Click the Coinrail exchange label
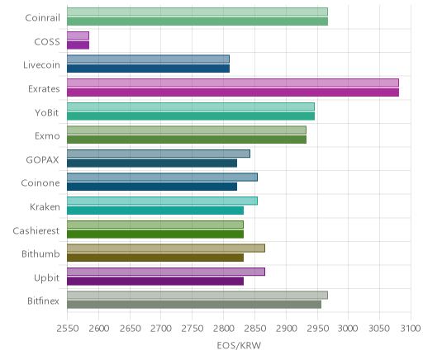pos(42,18)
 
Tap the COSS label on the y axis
pos(47,42)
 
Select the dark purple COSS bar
pos(78,45)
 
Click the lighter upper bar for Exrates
pos(233,83)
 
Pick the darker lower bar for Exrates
pos(233,92)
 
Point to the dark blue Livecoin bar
pos(148,69)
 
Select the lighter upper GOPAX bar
pos(159,154)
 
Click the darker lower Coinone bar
pos(152,187)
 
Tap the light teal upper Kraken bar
pos(162,201)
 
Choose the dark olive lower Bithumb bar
pos(155,258)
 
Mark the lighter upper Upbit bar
pos(166,272)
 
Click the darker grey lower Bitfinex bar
pos(194,305)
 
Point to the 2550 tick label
pos(68,329)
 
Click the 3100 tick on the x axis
pos(411,329)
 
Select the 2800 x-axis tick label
pos(224,329)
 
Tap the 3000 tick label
pos(348,329)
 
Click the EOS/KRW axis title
pos(239,345)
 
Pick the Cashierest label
pos(36,230)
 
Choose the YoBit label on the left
pos(47,113)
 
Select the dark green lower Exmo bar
pos(187,140)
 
